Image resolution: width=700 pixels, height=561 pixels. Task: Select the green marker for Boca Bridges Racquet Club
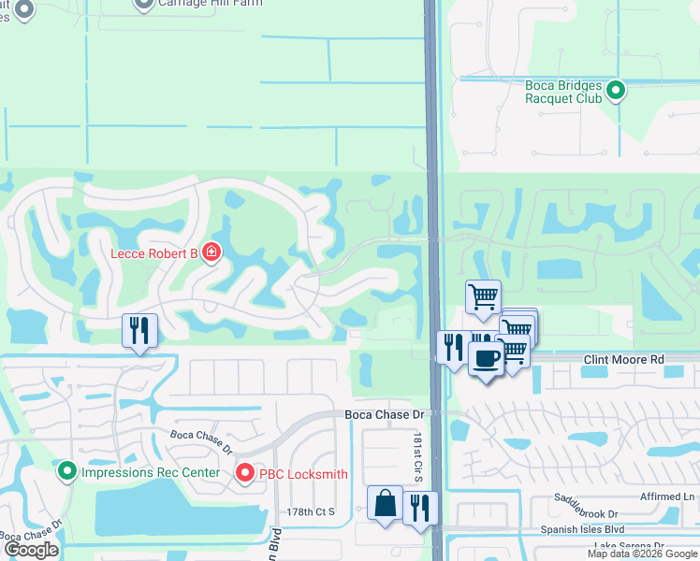616,91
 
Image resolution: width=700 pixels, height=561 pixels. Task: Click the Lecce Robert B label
155,253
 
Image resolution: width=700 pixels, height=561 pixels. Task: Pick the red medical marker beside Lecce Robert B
211,253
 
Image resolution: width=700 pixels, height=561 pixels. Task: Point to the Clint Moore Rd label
623,359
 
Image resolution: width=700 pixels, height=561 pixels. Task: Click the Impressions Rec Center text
150,472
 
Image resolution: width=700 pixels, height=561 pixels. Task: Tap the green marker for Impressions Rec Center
66,471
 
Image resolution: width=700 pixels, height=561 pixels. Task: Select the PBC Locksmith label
304,474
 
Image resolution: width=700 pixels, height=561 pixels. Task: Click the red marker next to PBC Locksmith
245,474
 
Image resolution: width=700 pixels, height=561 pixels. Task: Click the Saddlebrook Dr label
587,513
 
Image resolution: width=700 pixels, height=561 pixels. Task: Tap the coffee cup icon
486,358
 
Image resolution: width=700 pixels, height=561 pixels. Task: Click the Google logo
31,550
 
